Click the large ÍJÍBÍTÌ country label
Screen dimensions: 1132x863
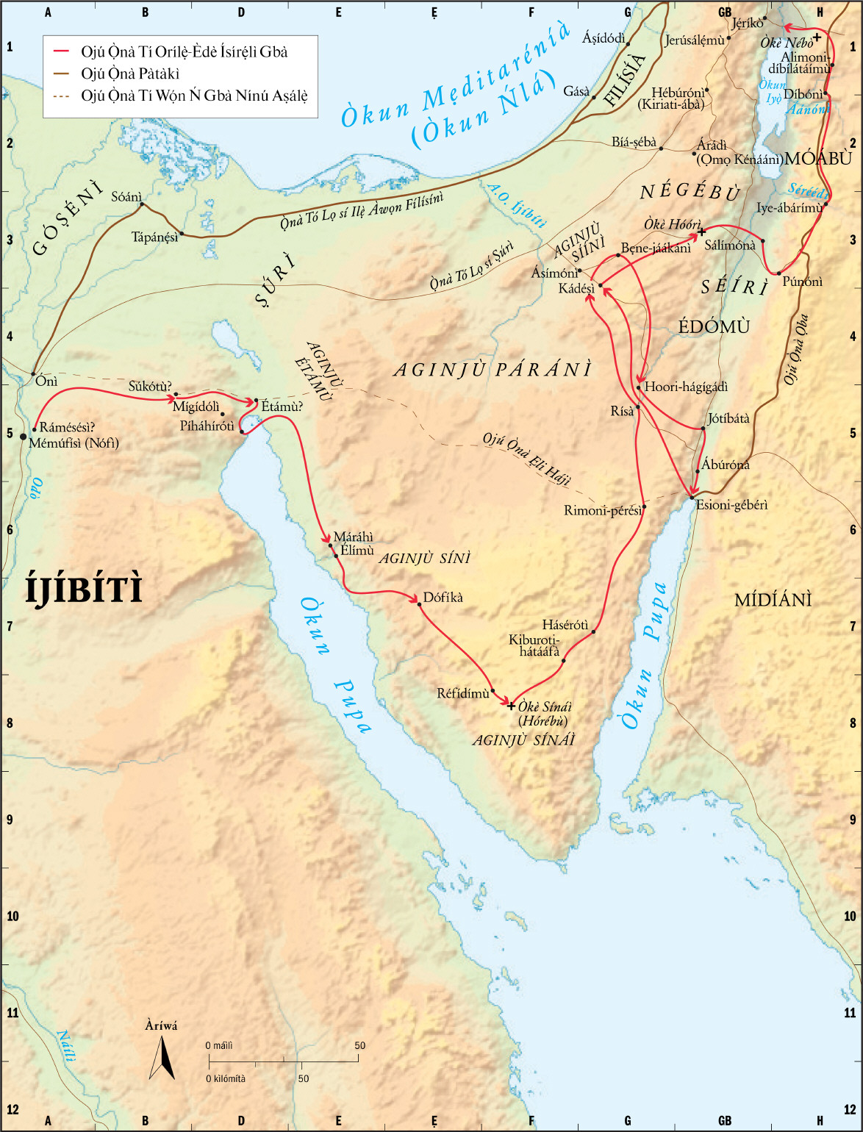(83, 590)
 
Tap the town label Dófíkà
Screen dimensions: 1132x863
(443, 598)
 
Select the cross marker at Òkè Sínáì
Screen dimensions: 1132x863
(512, 706)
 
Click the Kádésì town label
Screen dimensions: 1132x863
(576, 289)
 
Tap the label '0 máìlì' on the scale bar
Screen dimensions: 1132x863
(219, 1045)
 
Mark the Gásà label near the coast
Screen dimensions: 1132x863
(576, 91)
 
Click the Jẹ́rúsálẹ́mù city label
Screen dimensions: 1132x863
(695, 40)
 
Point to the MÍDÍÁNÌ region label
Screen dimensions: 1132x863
(773, 601)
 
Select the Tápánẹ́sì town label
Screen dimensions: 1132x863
(154, 237)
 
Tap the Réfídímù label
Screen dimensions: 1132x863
(463, 693)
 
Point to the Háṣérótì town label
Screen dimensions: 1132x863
(565, 625)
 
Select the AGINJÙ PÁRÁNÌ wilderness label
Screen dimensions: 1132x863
(493, 370)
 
